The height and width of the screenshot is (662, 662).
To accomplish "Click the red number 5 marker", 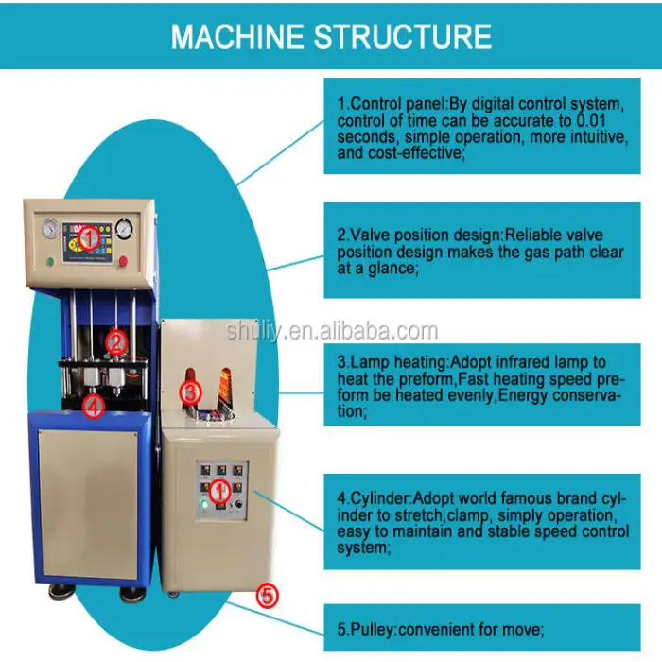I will (268, 596).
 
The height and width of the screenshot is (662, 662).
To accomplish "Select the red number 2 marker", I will (115, 341).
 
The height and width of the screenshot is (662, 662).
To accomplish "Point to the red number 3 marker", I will (191, 392).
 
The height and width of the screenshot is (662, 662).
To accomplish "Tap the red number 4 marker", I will (93, 408).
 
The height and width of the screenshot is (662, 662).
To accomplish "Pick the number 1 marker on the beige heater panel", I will (218, 490).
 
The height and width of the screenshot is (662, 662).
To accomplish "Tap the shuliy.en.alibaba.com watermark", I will (332, 331).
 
